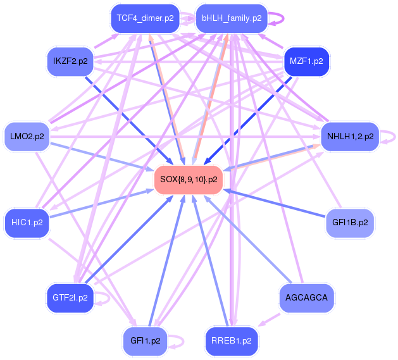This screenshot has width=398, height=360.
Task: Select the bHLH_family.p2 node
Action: (231, 18)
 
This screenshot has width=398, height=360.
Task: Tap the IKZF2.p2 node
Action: (70, 62)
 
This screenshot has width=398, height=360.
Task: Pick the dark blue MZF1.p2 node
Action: (306, 62)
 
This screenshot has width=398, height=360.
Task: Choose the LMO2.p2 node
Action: (27, 136)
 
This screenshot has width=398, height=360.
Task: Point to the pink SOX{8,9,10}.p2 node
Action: (189, 180)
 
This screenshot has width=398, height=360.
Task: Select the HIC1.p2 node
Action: (27, 223)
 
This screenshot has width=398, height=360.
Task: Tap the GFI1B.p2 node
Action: (350, 223)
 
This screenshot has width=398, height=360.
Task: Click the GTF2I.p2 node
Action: (70, 297)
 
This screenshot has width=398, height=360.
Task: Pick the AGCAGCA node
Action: (306, 297)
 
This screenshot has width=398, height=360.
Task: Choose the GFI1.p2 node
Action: (145, 340)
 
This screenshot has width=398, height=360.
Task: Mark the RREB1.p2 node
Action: (232, 340)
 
